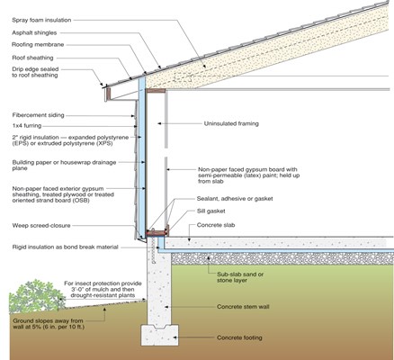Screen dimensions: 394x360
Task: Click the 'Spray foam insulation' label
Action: point(41,20)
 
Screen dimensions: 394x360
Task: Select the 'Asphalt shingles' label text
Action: point(34,32)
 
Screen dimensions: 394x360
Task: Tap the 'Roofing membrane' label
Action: point(38,45)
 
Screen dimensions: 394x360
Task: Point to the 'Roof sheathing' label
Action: point(32,58)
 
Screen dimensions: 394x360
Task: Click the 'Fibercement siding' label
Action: point(38,115)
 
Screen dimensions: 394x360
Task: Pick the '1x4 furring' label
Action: point(27,126)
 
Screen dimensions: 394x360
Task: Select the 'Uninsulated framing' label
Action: point(231,123)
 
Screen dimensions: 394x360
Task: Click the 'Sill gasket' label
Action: point(211,211)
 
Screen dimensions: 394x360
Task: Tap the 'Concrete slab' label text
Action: point(216,225)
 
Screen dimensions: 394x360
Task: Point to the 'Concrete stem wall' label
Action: point(243,307)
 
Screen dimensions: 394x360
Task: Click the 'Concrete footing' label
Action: point(239,337)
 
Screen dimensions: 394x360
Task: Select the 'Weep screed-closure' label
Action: point(41,226)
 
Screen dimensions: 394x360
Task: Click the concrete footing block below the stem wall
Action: point(159,335)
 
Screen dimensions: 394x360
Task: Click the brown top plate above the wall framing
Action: point(156,91)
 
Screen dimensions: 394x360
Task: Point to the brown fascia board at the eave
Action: point(109,94)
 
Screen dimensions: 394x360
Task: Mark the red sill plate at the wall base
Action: point(156,233)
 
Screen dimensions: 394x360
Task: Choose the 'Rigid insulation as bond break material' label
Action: point(66,247)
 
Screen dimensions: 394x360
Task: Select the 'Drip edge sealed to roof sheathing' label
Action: point(35,72)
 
